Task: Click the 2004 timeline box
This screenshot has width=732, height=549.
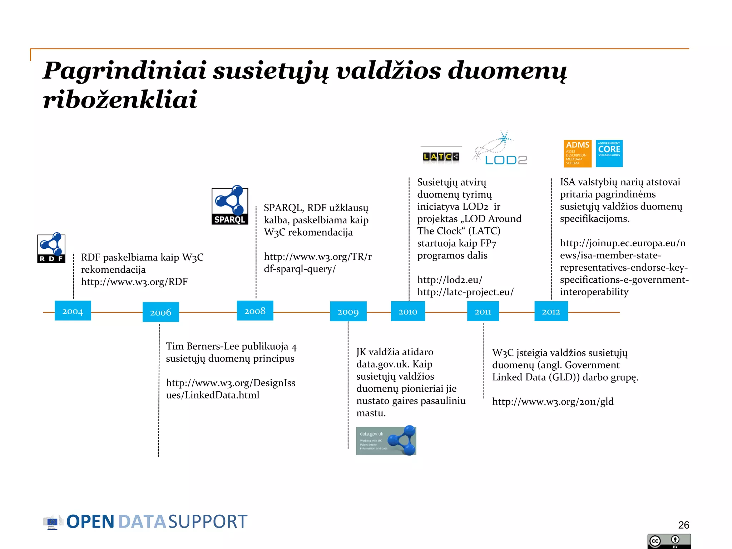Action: [73, 311]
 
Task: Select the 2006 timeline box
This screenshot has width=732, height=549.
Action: [160, 312]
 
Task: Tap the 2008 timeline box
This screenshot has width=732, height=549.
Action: [255, 311]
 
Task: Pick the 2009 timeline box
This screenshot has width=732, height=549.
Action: [348, 311]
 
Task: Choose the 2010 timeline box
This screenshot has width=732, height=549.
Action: [408, 311]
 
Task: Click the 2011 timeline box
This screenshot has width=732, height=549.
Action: [483, 311]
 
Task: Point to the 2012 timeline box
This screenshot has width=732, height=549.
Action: [551, 311]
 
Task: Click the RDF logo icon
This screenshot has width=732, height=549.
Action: [51, 248]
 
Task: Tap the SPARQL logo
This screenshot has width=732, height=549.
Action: [230, 205]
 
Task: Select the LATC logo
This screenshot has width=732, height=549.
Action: [441, 157]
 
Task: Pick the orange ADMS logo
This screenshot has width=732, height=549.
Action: [578, 154]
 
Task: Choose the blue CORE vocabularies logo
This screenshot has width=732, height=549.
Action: [609, 154]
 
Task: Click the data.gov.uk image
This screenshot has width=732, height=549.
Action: [386, 440]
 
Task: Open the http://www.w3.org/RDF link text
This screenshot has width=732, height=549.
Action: [134, 282]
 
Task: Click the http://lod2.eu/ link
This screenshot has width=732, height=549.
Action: [450, 280]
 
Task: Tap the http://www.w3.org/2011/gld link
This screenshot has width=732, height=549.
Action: [553, 401]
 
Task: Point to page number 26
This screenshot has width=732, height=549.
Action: [683, 525]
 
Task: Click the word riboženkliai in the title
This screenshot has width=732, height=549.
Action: [120, 99]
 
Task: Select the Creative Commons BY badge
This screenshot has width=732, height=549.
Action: [669, 541]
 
